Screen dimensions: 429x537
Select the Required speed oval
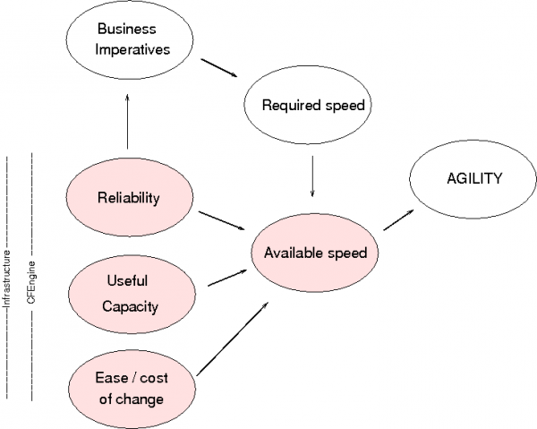pyautogui.click(x=312, y=106)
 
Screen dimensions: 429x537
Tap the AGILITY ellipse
pyautogui.click(x=474, y=178)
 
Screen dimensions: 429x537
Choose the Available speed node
pyautogui.click(x=315, y=253)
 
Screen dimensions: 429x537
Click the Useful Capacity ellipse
pyautogui.click(x=130, y=294)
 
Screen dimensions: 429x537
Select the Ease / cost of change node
pyautogui.click(x=131, y=388)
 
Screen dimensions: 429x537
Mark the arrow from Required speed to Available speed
pyautogui.click(x=311, y=176)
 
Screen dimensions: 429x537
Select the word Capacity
pyautogui.click(x=130, y=306)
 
